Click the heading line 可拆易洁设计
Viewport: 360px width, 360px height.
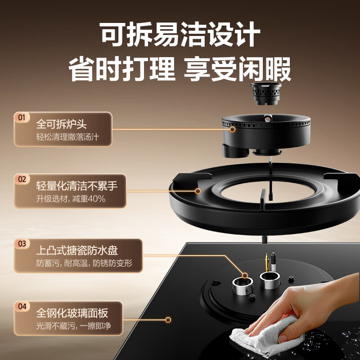[180, 34]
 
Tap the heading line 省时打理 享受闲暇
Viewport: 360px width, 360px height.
[180, 69]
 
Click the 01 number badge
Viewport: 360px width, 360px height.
[22, 118]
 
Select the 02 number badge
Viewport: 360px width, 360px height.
[22, 179]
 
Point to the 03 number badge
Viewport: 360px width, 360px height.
[22, 243]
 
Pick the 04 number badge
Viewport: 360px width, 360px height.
[22, 306]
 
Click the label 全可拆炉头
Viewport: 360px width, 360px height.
[61, 125]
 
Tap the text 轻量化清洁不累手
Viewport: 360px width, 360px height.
[76, 186]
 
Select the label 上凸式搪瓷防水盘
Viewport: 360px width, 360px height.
[77, 250]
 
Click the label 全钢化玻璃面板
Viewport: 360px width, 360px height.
[72, 313]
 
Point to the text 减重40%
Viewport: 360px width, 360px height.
[89, 198]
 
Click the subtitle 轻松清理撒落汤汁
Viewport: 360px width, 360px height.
[67, 137]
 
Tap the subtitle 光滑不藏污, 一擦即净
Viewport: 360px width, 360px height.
[73, 326]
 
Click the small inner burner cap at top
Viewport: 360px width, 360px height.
[266, 94]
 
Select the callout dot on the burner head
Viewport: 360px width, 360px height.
[233, 129]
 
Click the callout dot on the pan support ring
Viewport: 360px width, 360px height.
[198, 191]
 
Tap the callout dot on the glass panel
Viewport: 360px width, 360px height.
[168, 320]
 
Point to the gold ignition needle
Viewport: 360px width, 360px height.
[267, 262]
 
